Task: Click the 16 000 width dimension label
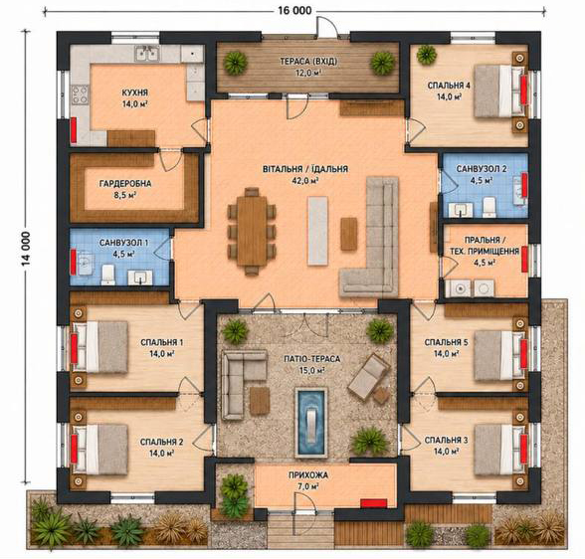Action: pyautogui.click(x=294, y=10)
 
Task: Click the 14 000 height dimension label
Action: pyautogui.click(x=26, y=249)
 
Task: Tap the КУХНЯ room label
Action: pyautogui.click(x=135, y=93)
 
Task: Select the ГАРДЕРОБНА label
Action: pyautogui.click(x=125, y=183)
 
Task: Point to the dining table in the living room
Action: pyautogui.click(x=252, y=231)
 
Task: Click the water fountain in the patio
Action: pyautogui.click(x=311, y=422)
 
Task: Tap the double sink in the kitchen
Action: pyautogui.click(x=147, y=54)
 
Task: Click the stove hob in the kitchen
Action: pyautogui.click(x=81, y=94)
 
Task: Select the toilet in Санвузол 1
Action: pyautogui.click(x=108, y=275)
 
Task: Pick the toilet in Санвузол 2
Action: pyautogui.click(x=489, y=207)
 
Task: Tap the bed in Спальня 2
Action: pyautogui.click(x=99, y=451)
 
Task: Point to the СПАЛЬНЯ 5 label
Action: pyautogui.click(x=446, y=342)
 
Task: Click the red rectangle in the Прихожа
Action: pyautogui.click(x=373, y=504)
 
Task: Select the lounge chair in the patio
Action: pyautogui.click(x=369, y=376)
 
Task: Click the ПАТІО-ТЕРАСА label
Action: pyautogui.click(x=312, y=359)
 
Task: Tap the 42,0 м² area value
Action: pyautogui.click(x=304, y=181)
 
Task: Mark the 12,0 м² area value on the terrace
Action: pyautogui.click(x=308, y=73)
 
